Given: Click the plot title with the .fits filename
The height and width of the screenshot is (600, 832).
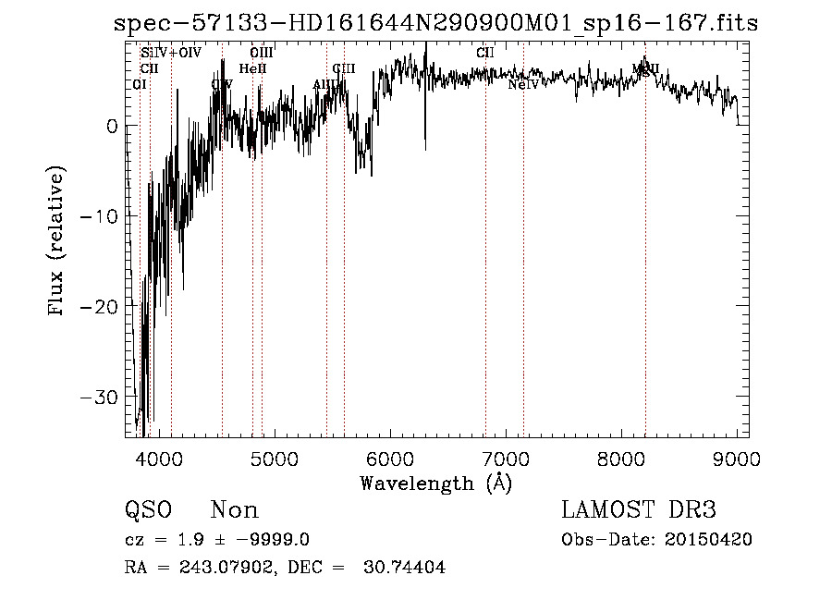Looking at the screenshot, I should click(x=435, y=24).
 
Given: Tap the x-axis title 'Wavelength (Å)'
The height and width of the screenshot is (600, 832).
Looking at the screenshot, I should click(x=435, y=483).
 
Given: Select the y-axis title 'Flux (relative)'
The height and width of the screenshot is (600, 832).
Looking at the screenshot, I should click(x=57, y=242).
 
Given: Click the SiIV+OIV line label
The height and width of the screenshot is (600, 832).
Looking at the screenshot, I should click(x=171, y=54).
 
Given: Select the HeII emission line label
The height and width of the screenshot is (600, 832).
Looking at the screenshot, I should click(x=252, y=69).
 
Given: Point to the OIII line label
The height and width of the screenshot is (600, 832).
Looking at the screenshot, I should click(x=262, y=54).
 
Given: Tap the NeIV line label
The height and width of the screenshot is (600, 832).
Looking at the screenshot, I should click(x=523, y=85).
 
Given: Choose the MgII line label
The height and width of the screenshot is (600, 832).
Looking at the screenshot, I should click(x=646, y=69).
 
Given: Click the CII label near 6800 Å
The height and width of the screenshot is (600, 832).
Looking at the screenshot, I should click(x=485, y=54).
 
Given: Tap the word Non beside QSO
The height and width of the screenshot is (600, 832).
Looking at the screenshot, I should click(x=235, y=510).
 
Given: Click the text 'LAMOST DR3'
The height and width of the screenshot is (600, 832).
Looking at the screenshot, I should click(x=639, y=510).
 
